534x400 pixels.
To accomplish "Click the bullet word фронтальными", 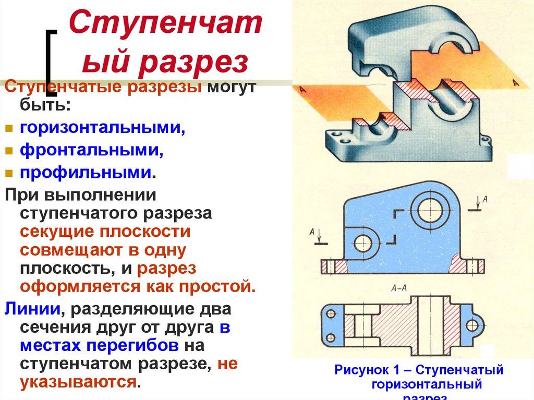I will tap(92, 150).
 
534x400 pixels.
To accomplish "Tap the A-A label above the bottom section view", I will tap(399, 287).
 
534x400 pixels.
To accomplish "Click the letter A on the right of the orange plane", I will tap(515, 82).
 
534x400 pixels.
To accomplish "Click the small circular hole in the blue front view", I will tap(363, 243).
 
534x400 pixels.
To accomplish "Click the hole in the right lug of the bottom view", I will tap(472, 325).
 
